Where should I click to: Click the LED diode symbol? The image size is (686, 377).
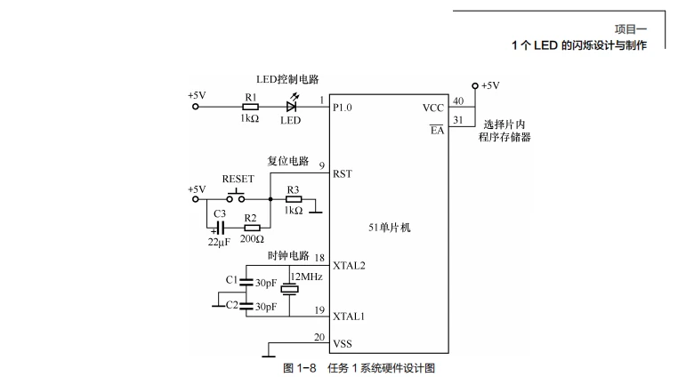(291, 107)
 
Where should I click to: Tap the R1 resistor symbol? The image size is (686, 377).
(251, 107)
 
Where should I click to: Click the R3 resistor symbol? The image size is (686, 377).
(293, 199)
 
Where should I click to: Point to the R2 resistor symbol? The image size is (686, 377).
(251, 228)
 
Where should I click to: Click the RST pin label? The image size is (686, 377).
(342, 174)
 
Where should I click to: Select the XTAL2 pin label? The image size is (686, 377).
(348, 265)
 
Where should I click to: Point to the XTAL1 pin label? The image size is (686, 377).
(348, 316)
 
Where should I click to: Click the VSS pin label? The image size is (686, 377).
(342, 343)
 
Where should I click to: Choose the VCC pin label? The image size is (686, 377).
(433, 108)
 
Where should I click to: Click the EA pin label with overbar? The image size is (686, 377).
(436, 130)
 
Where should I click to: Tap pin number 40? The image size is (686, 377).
(457, 100)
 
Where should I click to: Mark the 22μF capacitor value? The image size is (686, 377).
(218, 241)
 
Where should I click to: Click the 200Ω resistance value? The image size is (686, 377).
(252, 240)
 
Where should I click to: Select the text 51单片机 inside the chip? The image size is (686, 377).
(390, 228)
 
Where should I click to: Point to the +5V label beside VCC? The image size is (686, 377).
(490, 86)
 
